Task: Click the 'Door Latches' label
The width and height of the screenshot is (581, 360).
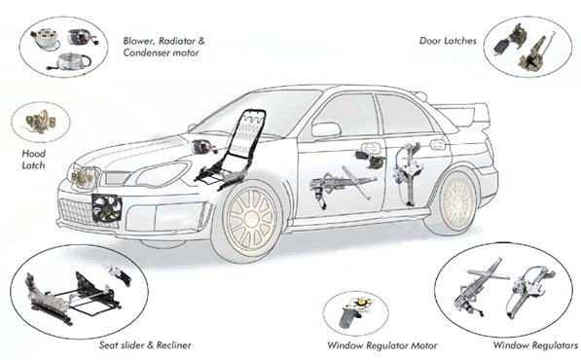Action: [448, 41]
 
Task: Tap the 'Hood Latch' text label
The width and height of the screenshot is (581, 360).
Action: [33, 160]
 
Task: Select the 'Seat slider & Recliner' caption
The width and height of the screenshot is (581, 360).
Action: [145, 345]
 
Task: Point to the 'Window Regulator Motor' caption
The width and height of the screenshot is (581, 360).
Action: [382, 346]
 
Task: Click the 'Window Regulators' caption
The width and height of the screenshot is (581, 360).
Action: [535, 345]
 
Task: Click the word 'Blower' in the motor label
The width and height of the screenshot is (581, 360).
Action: [136, 41]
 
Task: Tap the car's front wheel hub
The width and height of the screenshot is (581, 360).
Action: [252, 219]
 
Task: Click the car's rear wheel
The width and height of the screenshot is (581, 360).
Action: [458, 201]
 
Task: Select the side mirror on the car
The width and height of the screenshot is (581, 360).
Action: [326, 129]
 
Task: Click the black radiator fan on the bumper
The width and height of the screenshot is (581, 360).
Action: [107, 208]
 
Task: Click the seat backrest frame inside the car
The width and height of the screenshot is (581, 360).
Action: [247, 134]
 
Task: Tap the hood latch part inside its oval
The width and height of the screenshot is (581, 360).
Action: [40, 122]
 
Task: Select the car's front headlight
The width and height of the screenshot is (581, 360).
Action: [162, 174]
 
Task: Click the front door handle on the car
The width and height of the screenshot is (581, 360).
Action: [371, 148]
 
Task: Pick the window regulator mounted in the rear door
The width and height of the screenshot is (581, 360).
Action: [407, 173]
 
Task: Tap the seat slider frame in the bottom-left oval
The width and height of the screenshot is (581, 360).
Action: [72, 297]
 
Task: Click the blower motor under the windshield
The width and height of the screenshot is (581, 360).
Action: [203, 147]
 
